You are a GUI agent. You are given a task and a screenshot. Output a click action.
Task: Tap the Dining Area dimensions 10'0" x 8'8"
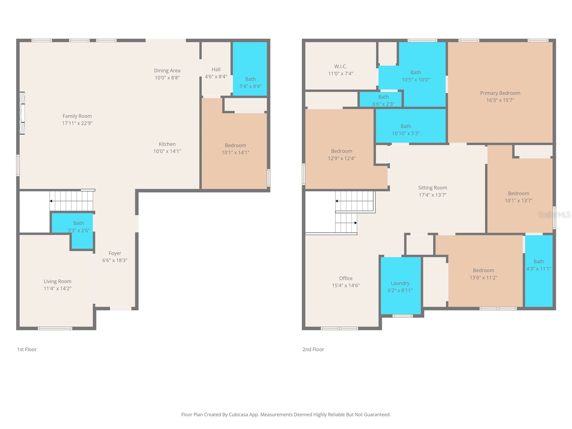point(167,78)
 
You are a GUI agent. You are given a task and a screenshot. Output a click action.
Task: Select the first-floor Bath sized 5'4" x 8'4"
point(250,83)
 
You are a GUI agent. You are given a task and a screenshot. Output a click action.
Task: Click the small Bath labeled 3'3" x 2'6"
point(79,227)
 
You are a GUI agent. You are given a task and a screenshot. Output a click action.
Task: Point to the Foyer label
point(115,253)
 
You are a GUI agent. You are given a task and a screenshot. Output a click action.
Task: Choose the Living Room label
point(58,281)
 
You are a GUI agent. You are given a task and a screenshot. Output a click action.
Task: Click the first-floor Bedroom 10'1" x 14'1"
point(235,149)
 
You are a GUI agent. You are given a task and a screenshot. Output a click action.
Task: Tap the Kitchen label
point(167,144)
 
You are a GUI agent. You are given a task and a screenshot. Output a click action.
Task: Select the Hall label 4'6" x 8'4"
point(216,73)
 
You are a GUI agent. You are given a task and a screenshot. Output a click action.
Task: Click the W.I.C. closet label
point(340,66)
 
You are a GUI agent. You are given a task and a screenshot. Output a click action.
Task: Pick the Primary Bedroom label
point(500,93)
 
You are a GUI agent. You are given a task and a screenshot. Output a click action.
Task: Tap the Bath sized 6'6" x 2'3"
point(383,100)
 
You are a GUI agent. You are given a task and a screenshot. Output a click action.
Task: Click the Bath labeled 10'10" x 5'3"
point(406,130)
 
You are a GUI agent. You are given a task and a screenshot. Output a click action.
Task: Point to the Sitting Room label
point(433,188)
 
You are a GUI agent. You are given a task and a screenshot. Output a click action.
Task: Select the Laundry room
point(400,286)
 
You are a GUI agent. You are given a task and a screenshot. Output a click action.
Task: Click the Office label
point(346,278)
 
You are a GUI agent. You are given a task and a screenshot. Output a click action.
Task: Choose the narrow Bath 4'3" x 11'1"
point(538,265)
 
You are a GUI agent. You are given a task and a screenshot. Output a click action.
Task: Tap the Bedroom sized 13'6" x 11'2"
point(483,274)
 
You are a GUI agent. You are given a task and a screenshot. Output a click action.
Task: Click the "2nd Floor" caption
point(313,349)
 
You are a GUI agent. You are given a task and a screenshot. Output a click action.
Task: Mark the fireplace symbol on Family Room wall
point(22,113)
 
